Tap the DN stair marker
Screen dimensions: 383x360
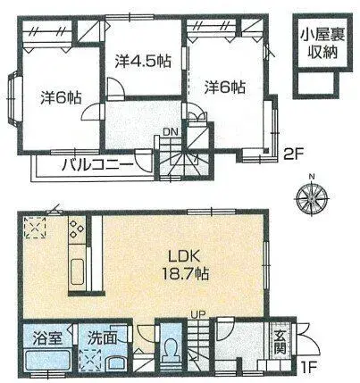tap(170, 135)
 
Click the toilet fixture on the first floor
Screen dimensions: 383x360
tap(172, 350)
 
